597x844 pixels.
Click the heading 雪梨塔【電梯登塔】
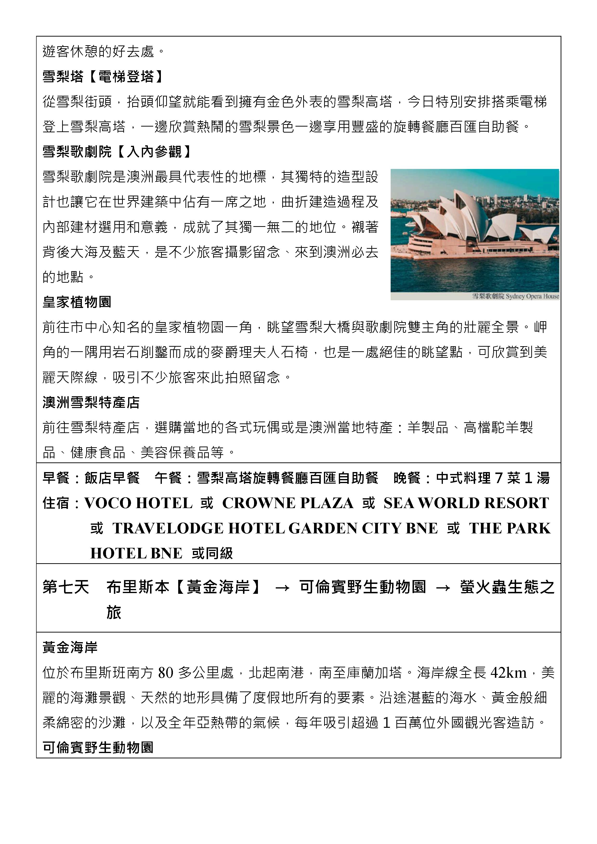[103, 77]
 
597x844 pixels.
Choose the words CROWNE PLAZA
[288, 503]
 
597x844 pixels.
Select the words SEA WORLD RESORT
[466, 503]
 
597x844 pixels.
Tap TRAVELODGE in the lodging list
[168, 528]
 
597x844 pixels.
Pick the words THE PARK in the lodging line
[509, 528]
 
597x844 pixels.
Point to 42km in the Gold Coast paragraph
[508, 673]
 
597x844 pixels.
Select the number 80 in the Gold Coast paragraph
[165, 673]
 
